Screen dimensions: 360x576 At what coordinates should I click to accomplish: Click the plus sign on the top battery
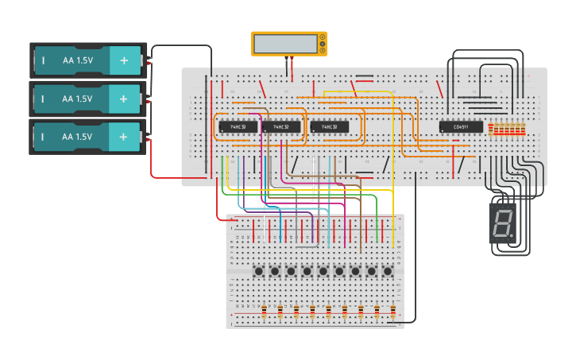click(x=123, y=60)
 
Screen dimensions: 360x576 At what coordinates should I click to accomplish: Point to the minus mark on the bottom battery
click(x=43, y=137)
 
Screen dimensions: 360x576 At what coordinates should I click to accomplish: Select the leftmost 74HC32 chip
click(x=238, y=126)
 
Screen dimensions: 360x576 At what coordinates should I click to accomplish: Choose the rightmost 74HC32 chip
click(x=330, y=126)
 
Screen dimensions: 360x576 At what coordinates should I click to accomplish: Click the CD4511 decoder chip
click(x=461, y=126)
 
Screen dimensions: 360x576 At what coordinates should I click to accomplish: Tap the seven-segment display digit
click(x=502, y=223)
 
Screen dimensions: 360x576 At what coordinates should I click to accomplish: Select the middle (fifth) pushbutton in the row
click(x=323, y=272)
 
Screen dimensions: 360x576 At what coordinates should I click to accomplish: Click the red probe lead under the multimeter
click(x=292, y=68)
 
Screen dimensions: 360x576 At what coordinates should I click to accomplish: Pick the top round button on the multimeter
click(x=322, y=37)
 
